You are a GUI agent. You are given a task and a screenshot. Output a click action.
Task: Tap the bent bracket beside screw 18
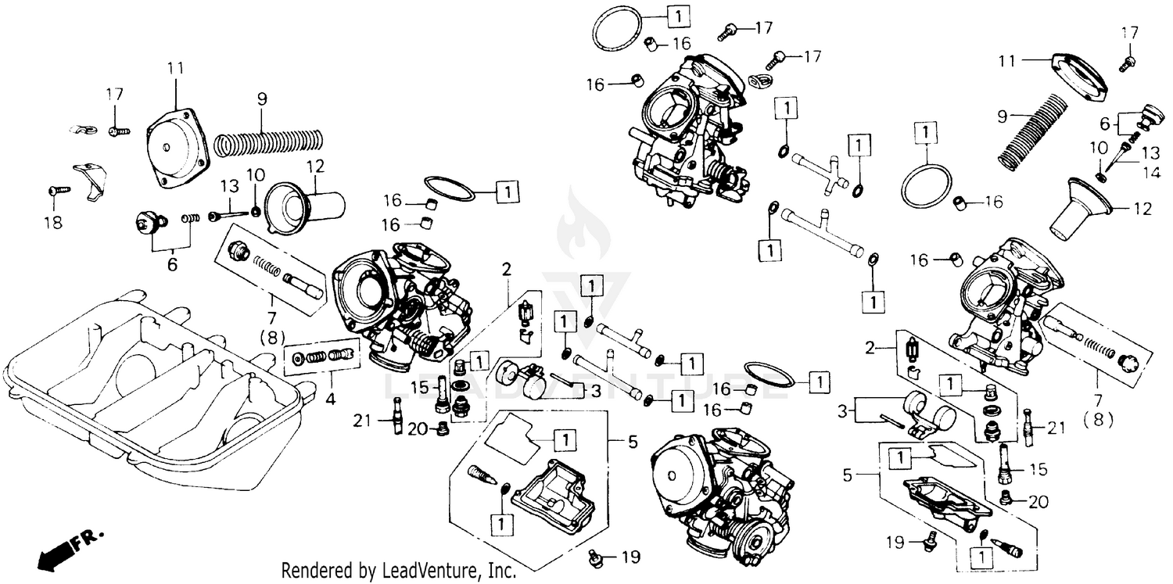pos(87,175)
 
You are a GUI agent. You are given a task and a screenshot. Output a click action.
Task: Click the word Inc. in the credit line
pos(501,571)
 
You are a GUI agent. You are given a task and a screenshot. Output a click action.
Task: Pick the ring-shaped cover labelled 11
pos(1080,78)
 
